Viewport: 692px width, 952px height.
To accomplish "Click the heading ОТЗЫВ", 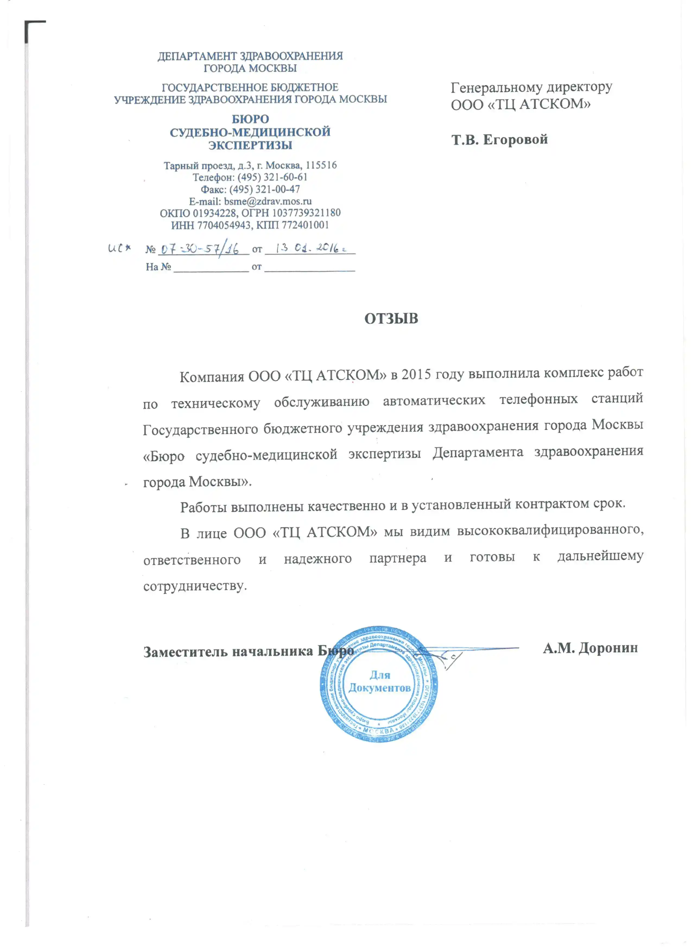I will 391,319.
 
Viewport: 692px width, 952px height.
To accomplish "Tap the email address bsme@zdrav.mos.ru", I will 268,201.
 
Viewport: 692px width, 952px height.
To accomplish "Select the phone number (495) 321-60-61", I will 272,177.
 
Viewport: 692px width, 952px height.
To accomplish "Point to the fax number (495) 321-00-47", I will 264,189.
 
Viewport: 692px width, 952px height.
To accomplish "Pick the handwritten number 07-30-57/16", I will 200,249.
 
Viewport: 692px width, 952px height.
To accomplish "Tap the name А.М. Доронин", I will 590,648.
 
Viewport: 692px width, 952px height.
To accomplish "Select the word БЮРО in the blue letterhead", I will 250,119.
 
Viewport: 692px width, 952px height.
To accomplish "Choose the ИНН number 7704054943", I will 224,225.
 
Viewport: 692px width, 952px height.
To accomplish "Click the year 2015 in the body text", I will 416,374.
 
